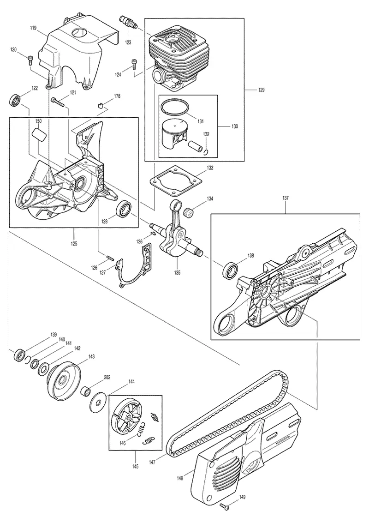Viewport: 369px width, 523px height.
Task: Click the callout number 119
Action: pos(33,29)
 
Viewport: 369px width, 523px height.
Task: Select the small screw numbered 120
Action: pos(30,60)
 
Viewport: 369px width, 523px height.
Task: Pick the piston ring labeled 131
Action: pos(174,108)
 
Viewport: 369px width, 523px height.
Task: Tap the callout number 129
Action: pos(262,90)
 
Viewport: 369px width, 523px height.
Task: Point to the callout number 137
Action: pos(286,198)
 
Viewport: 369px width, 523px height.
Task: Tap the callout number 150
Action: pos(39,121)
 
